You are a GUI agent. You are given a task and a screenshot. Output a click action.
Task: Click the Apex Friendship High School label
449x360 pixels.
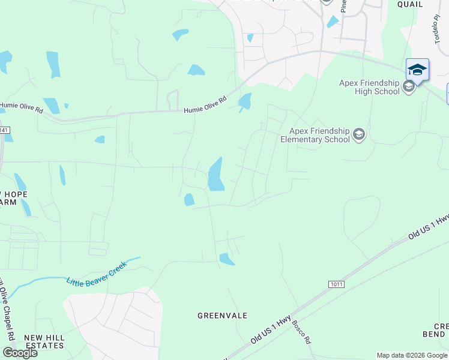click(369, 87)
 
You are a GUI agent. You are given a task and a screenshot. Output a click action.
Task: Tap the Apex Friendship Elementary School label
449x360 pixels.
click(315, 135)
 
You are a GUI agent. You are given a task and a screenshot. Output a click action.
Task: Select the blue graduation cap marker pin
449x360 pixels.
click(417, 71)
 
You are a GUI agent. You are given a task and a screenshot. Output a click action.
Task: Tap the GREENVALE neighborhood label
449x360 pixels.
click(223, 316)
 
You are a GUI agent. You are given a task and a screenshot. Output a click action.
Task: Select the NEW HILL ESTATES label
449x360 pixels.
click(44, 342)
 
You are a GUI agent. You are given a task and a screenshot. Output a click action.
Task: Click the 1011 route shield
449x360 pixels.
click(337, 284)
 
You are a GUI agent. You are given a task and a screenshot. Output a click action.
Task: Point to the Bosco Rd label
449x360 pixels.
click(301, 332)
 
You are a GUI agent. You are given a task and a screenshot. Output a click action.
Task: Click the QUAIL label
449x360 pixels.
click(410, 4)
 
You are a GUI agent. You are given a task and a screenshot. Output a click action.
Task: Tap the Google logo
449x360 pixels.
click(20, 353)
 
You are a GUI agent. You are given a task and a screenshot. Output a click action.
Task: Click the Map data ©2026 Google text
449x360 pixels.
click(411, 355)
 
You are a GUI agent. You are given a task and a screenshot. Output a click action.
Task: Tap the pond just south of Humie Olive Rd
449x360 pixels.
click(245, 102)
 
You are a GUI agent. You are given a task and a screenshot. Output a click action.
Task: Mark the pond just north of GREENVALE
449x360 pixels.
click(226, 259)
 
